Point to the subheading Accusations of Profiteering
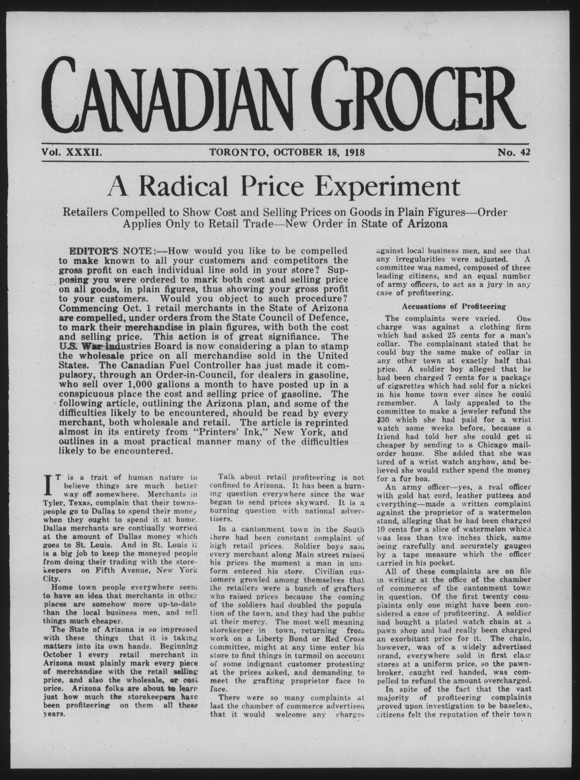[454, 306]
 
